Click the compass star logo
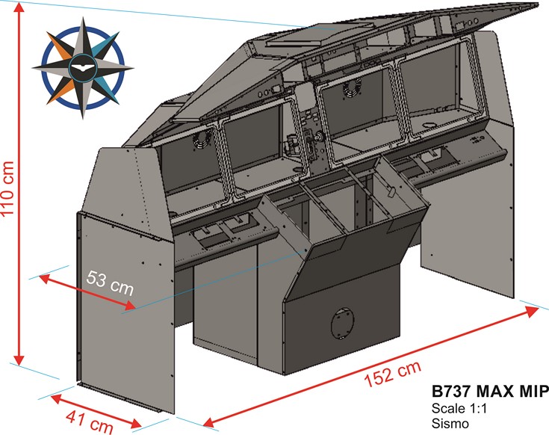[83, 69]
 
